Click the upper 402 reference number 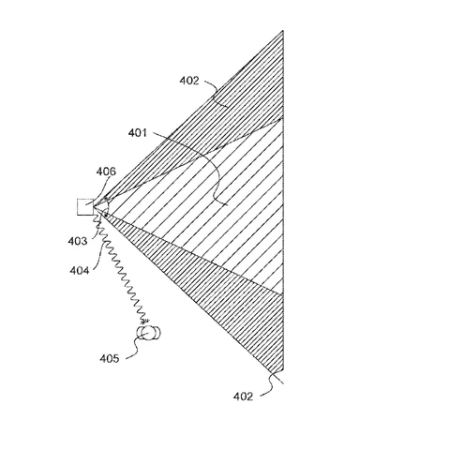coord(189,81)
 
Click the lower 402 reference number coord(243,397)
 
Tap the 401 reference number coord(138,133)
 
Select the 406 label coord(106,172)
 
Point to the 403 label coord(78,241)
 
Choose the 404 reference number coord(80,270)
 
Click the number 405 coord(110,358)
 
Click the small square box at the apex coord(85,207)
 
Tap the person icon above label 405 coord(148,333)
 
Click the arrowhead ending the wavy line coord(145,321)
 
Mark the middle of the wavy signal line coord(120,266)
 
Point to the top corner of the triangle coord(283,31)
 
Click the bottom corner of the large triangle coord(283,370)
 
